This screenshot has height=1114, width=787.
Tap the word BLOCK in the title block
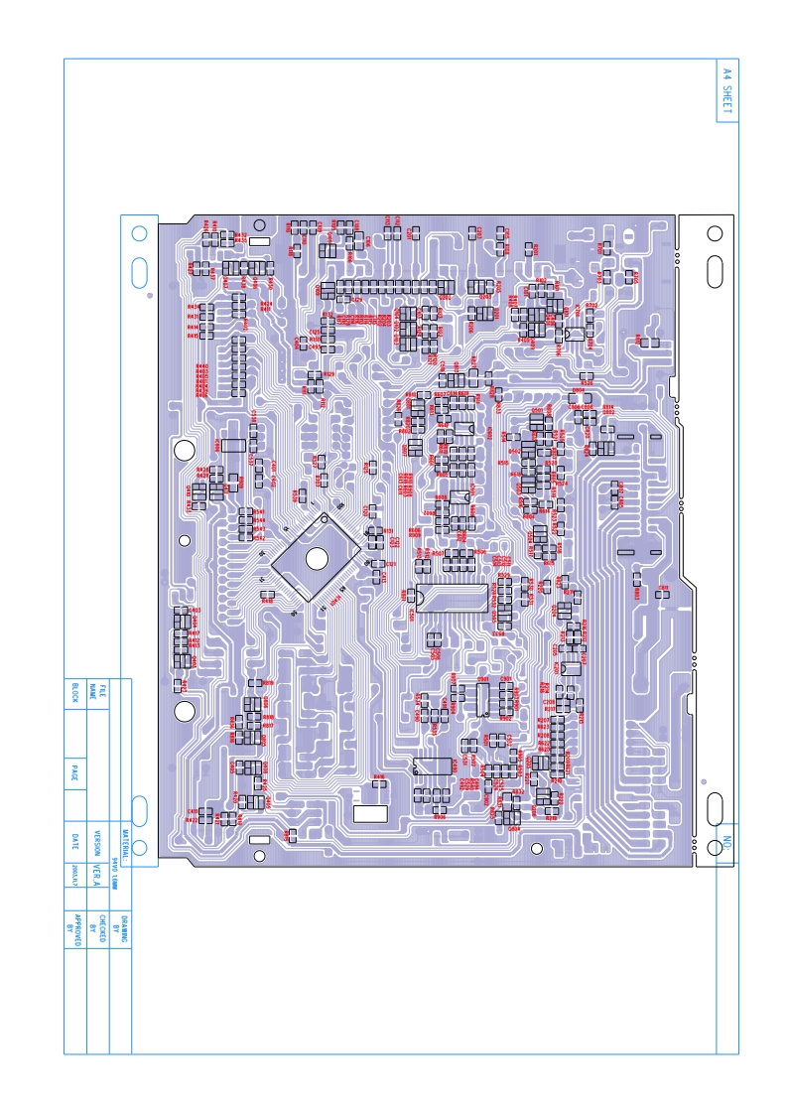74,692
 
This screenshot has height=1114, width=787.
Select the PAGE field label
74,770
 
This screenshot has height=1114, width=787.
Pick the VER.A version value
97,873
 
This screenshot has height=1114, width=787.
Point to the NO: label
726,843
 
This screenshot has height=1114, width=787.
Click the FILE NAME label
97,691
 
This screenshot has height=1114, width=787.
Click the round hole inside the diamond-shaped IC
317,559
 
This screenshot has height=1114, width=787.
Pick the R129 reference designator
328,375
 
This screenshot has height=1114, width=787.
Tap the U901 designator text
483,679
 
